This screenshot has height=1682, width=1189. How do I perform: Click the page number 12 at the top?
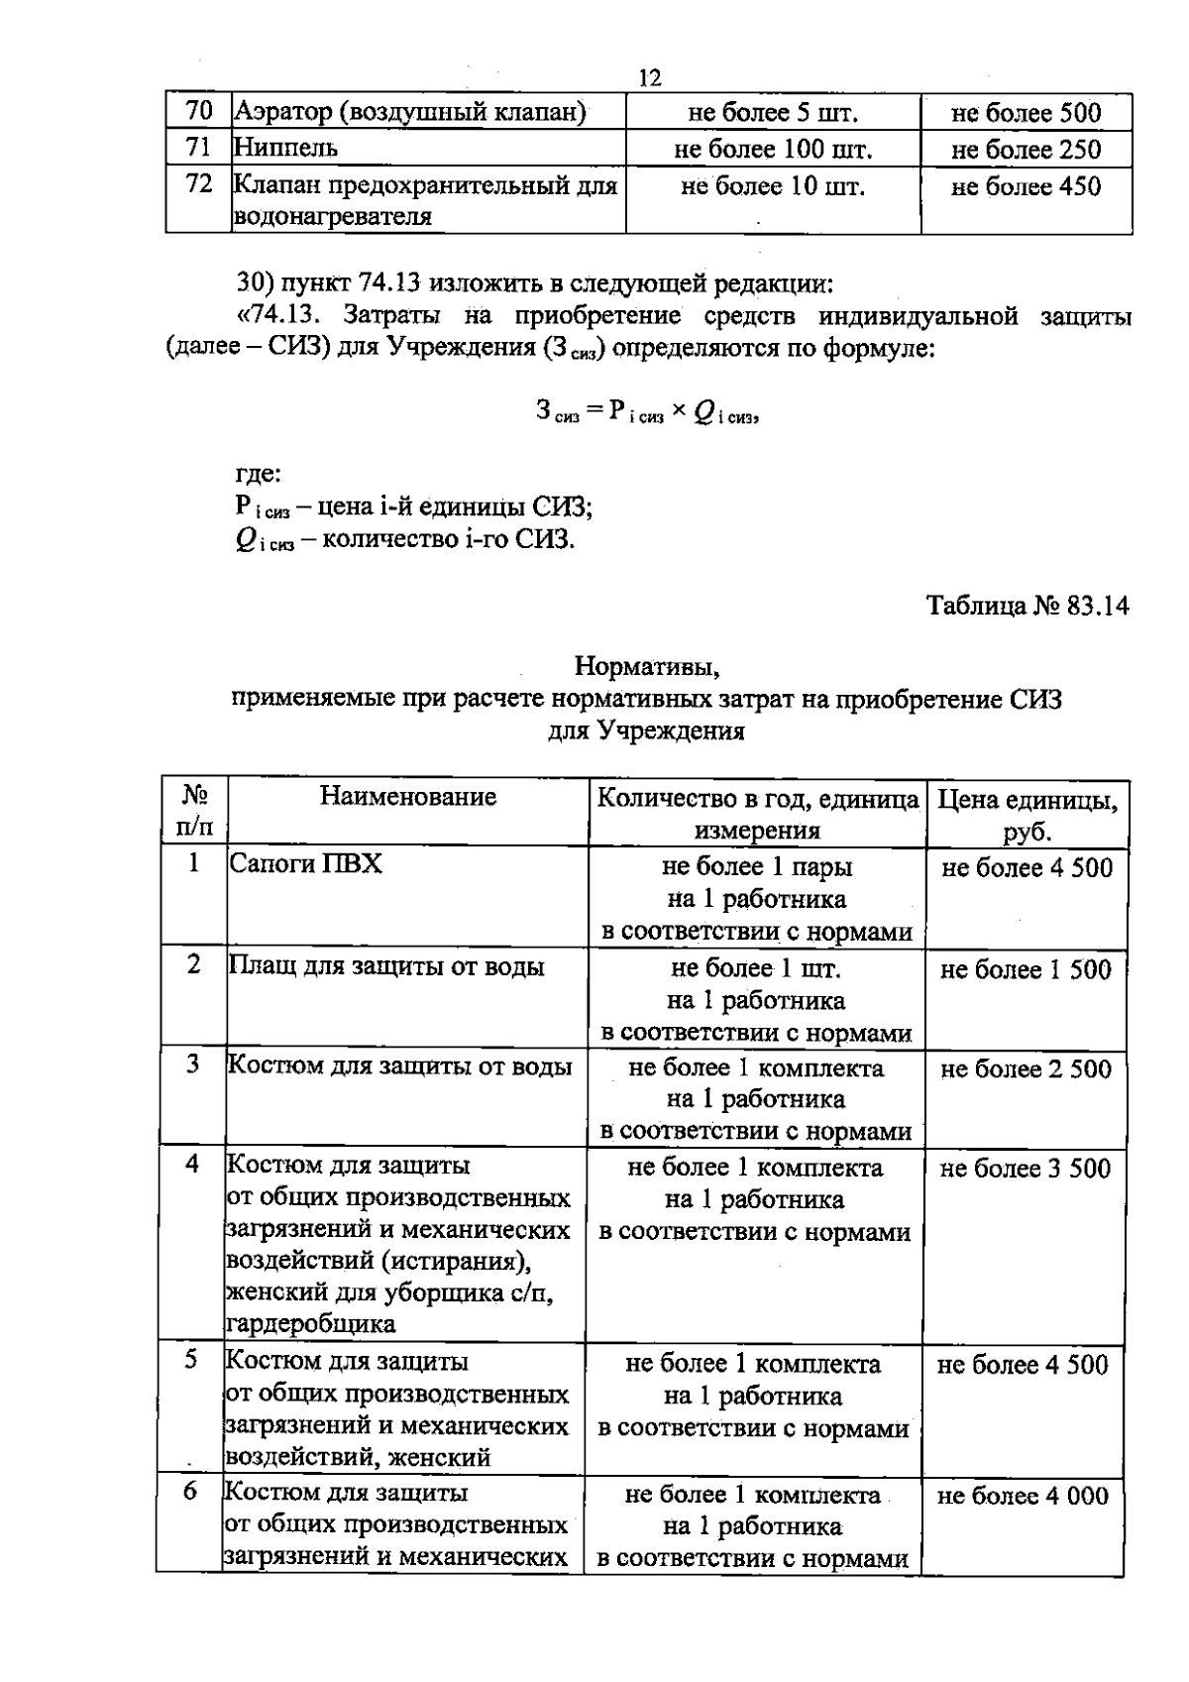tap(650, 79)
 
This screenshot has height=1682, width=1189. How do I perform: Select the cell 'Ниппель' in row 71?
tap(286, 149)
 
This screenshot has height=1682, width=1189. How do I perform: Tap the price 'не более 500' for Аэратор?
tap(1026, 113)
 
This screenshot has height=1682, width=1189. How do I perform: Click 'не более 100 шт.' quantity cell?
tap(773, 150)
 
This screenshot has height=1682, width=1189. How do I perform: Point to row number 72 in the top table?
tap(199, 184)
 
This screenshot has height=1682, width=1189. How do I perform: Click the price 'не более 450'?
tap(1026, 186)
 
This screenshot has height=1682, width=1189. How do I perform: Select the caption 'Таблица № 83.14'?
tap(1027, 606)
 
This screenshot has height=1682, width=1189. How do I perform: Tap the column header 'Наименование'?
tap(408, 797)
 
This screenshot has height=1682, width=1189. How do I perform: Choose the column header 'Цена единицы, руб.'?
tap(1027, 814)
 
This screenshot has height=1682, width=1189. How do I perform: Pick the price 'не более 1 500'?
tap(1026, 969)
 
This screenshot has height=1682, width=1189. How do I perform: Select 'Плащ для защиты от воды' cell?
tap(386, 966)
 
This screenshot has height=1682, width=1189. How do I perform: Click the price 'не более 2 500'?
tap(1026, 1068)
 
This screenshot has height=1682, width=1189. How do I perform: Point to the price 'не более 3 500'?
tap(1026, 1169)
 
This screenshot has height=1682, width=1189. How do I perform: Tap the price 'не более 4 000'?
tap(1024, 1497)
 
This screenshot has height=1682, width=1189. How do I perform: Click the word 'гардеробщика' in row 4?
tap(311, 1324)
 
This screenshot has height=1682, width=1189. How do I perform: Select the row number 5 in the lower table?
tap(190, 1360)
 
